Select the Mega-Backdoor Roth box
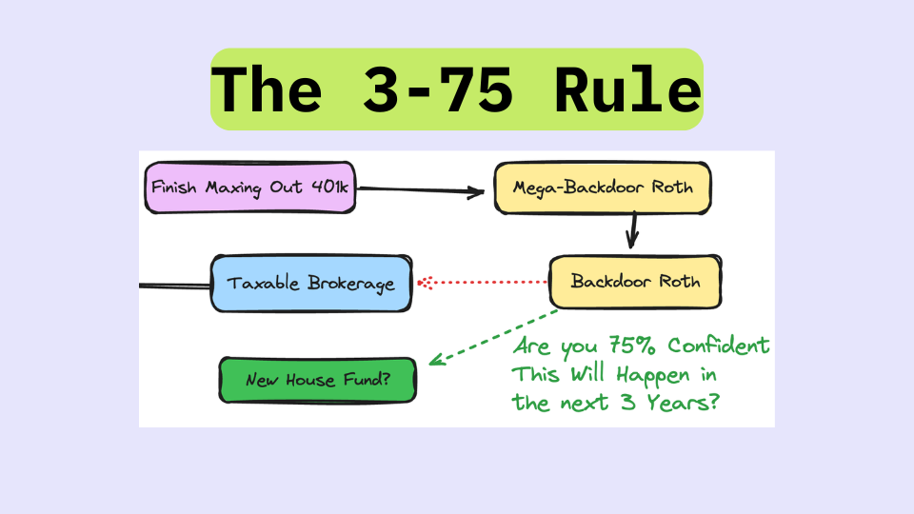(602, 188)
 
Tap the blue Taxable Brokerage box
(311, 284)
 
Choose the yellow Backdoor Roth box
(635, 282)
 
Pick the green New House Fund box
(317, 380)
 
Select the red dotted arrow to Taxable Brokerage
(486, 282)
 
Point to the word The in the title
(266, 91)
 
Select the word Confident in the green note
(712, 346)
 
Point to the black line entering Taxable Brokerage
(175, 285)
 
